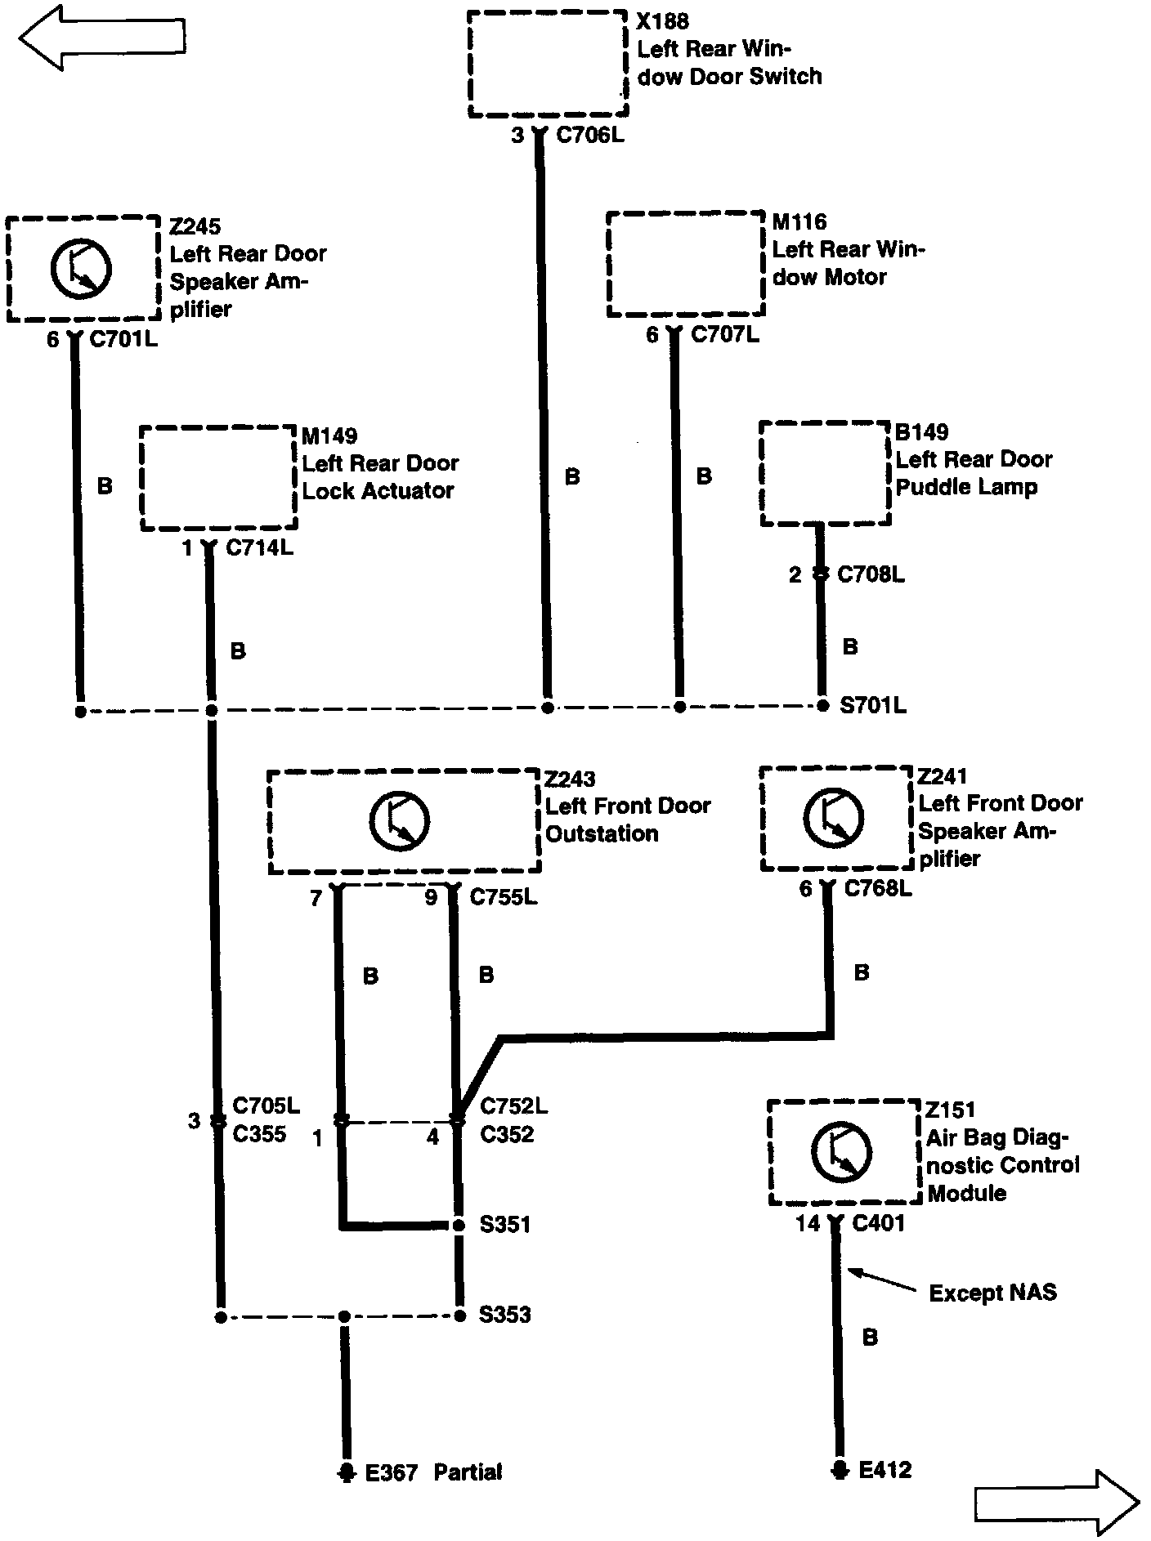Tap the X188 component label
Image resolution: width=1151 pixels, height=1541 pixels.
[x=662, y=22]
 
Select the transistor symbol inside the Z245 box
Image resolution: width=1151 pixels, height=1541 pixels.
[x=81, y=269]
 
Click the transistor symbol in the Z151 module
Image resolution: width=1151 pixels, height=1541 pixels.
[x=841, y=1152]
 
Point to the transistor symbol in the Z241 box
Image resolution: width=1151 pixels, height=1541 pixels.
[x=833, y=818]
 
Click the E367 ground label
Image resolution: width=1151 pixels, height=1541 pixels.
[x=392, y=1472]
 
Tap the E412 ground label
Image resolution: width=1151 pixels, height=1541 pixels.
[x=885, y=1470]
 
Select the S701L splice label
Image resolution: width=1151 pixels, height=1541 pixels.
[x=873, y=705]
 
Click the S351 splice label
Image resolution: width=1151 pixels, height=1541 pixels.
[x=504, y=1225]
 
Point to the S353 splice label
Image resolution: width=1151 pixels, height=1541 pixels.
[x=504, y=1315]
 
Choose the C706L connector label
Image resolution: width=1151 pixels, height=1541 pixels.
[x=589, y=135]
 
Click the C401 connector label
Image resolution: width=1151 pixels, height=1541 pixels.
[x=878, y=1223]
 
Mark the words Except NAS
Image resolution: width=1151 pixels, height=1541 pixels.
[x=992, y=1293]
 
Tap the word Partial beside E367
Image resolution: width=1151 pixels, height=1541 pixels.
[x=468, y=1472]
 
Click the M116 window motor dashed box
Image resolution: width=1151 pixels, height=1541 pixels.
[x=685, y=264]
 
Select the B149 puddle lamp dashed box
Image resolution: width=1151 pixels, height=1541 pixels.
[x=825, y=474]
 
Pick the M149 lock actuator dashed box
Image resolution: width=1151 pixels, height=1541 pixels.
[x=217, y=478]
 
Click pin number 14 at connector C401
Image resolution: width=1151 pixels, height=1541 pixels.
[x=808, y=1223]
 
